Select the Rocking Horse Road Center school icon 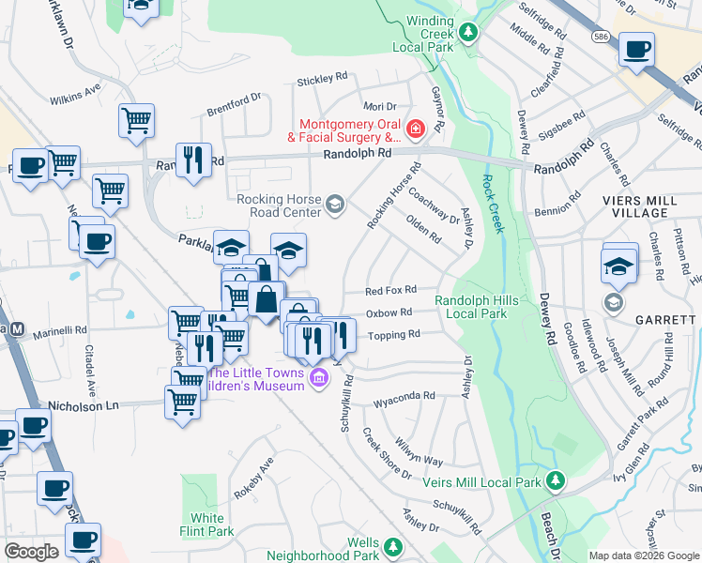coord(335,204)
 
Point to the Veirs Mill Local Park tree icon coord(556,481)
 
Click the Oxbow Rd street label coord(389,312)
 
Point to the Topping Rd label coord(393,335)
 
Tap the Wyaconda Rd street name coord(404,396)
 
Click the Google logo coord(31,552)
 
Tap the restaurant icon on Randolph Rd coord(193,159)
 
